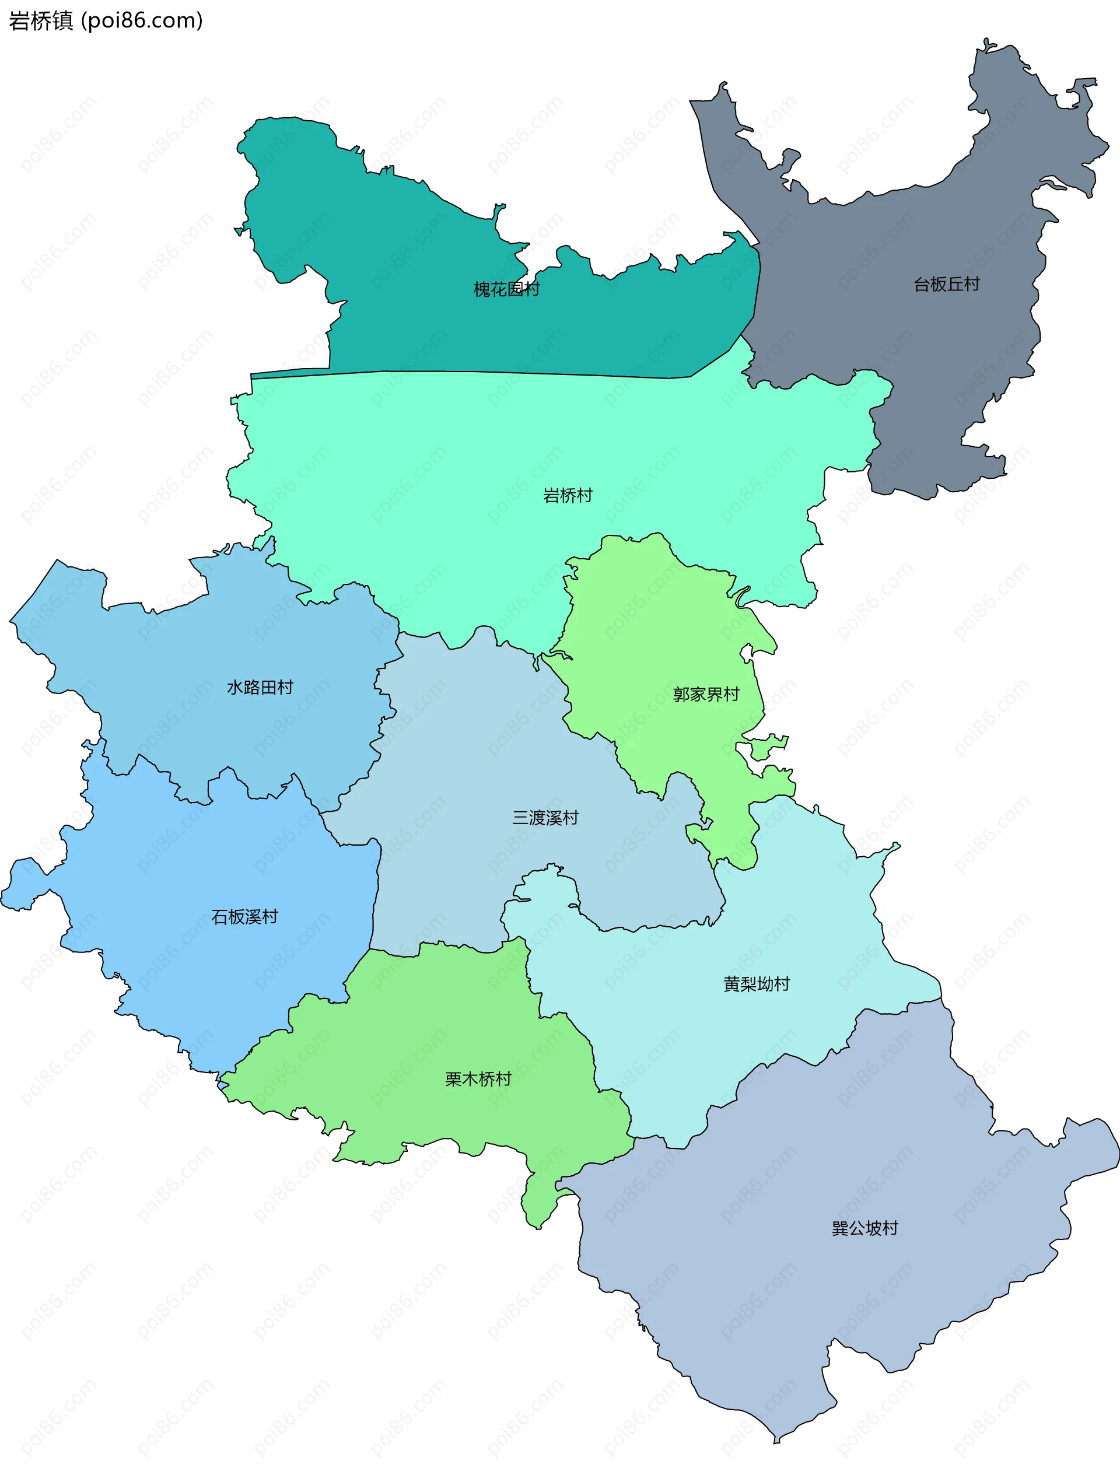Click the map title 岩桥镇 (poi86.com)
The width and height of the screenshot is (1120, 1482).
click(x=105, y=21)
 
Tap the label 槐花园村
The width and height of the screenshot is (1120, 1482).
click(x=506, y=289)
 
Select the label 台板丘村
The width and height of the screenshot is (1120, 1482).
click(x=946, y=285)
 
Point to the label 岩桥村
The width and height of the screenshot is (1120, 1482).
click(x=568, y=496)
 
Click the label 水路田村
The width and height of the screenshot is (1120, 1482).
click(x=260, y=688)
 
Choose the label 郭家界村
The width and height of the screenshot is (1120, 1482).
click(x=706, y=695)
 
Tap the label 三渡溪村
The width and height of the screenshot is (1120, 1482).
click(x=545, y=818)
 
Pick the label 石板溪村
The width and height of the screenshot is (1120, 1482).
click(x=244, y=917)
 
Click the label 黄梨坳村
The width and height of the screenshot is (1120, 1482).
click(x=757, y=984)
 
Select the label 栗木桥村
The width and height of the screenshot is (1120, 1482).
click(x=478, y=1080)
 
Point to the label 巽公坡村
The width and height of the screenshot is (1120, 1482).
click(x=864, y=1228)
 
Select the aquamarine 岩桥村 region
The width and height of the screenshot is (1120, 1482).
click(x=469, y=456)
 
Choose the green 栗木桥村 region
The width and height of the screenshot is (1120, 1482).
click(x=436, y=1018)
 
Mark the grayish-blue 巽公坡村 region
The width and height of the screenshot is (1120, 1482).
click(x=804, y=1306)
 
